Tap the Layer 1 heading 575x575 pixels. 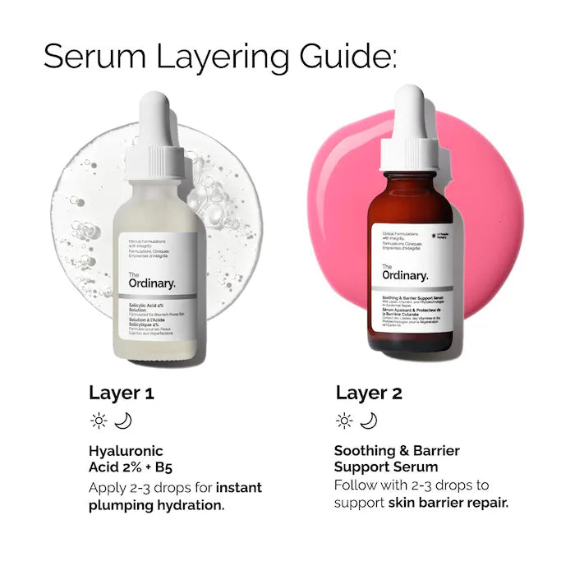(x=121, y=393)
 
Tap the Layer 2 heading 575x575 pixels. (x=369, y=393)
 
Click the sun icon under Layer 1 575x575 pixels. (x=99, y=421)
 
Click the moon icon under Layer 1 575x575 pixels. (x=123, y=421)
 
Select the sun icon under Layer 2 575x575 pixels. (x=344, y=421)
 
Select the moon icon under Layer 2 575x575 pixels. (x=369, y=421)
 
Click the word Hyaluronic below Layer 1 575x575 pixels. (x=126, y=450)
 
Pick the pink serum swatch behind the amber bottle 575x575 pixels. (x=485, y=205)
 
